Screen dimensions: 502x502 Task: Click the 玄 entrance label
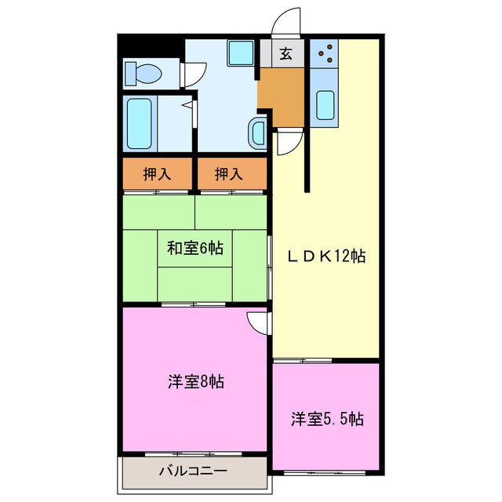pos(286,55)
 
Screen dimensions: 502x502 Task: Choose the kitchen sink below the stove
pos(324,104)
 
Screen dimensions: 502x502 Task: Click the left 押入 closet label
pos(157,173)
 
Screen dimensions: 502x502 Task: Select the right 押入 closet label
pos(228,173)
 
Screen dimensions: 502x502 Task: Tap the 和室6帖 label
pos(195,249)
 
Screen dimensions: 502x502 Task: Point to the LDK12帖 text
pos(329,256)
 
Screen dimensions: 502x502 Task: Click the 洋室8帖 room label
pos(195,382)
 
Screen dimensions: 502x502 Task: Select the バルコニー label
pos(193,472)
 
